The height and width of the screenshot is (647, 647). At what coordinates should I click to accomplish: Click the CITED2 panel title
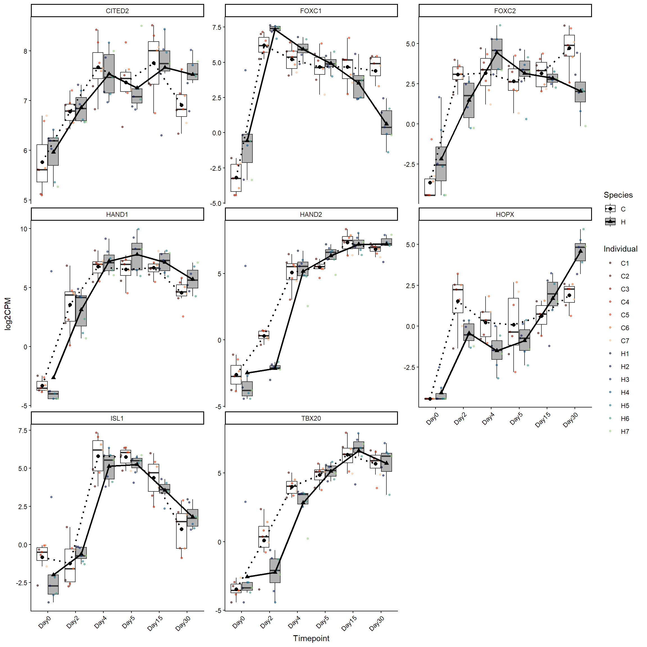(x=117, y=11)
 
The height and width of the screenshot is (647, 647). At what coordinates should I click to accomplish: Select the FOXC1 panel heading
(x=311, y=11)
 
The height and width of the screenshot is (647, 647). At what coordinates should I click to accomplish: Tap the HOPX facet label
(x=505, y=214)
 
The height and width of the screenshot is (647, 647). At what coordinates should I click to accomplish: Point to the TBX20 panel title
(x=311, y=418)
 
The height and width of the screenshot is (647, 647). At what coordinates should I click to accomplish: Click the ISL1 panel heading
(x=117, y=418)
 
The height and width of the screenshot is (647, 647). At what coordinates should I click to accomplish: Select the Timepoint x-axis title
(x=311, y=638)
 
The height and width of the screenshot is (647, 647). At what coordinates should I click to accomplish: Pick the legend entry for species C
(x=623, y=209)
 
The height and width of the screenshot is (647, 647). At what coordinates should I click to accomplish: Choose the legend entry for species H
(x=623, y=222)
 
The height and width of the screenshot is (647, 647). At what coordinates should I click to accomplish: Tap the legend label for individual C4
(x=625, y=302)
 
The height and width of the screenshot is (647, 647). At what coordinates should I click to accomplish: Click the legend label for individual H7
(x=625, y=431)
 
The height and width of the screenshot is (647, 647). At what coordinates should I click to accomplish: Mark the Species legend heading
(x=618, y=195)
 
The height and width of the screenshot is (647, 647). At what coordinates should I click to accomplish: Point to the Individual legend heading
(x=620, y=249)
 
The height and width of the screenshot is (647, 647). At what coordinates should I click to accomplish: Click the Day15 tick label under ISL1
(x=155, y=624)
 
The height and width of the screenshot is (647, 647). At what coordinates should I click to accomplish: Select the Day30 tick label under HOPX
(x=570, y=420)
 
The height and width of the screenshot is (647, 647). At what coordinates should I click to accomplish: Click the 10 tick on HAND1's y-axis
(x=24, y=229)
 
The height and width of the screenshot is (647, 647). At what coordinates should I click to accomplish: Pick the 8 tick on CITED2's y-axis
(x=26, y=51)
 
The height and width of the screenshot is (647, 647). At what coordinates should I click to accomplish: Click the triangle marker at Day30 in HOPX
(x=580, y=251)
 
